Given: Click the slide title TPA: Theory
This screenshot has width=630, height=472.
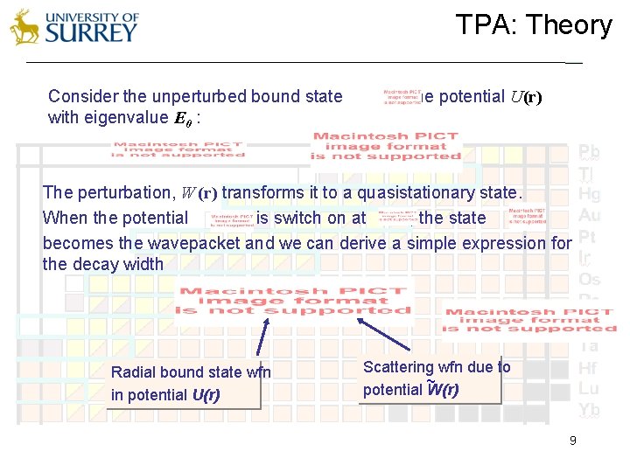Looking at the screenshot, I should [x=533, y=25].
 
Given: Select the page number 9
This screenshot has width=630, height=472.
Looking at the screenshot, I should [x=572, y=441].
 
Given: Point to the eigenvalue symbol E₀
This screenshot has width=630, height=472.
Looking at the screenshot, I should [x=181, y=118].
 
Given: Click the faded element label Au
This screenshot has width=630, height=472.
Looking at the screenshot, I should [x=589, y=215].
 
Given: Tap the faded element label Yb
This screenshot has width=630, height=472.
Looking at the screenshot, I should [x=589, y=410].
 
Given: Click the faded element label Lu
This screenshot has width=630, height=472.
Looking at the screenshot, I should [x=589, y=389].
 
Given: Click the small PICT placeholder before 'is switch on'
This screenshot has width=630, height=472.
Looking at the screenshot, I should [x=222, y=219].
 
